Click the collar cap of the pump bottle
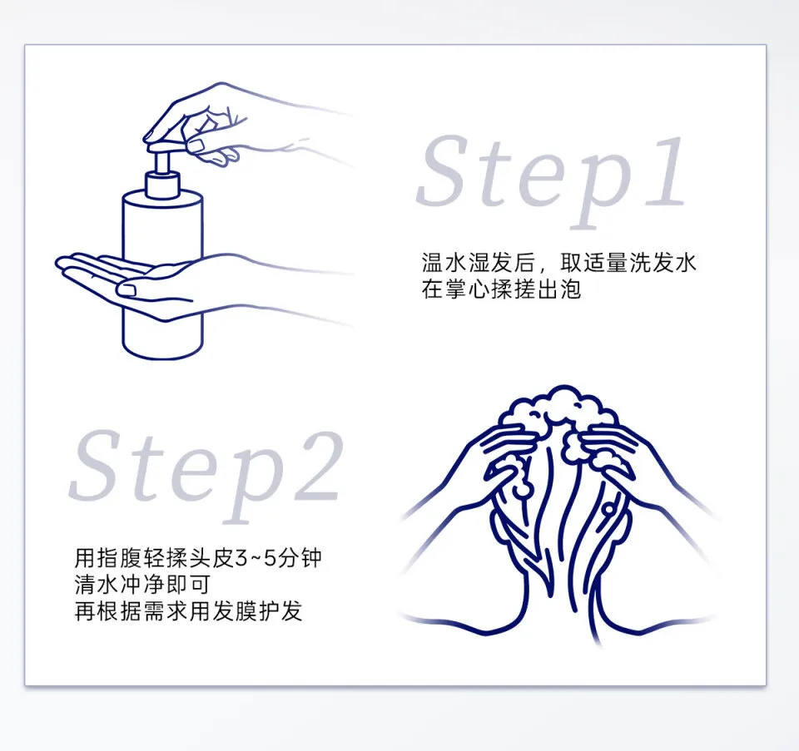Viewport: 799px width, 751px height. tap(162, 185)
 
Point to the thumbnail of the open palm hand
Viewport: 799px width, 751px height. tap(126, 289)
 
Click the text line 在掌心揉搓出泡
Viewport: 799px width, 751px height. tap(501, 289)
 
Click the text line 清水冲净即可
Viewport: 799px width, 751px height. tap(142, 585)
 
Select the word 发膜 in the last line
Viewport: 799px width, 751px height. tap(235, 611)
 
